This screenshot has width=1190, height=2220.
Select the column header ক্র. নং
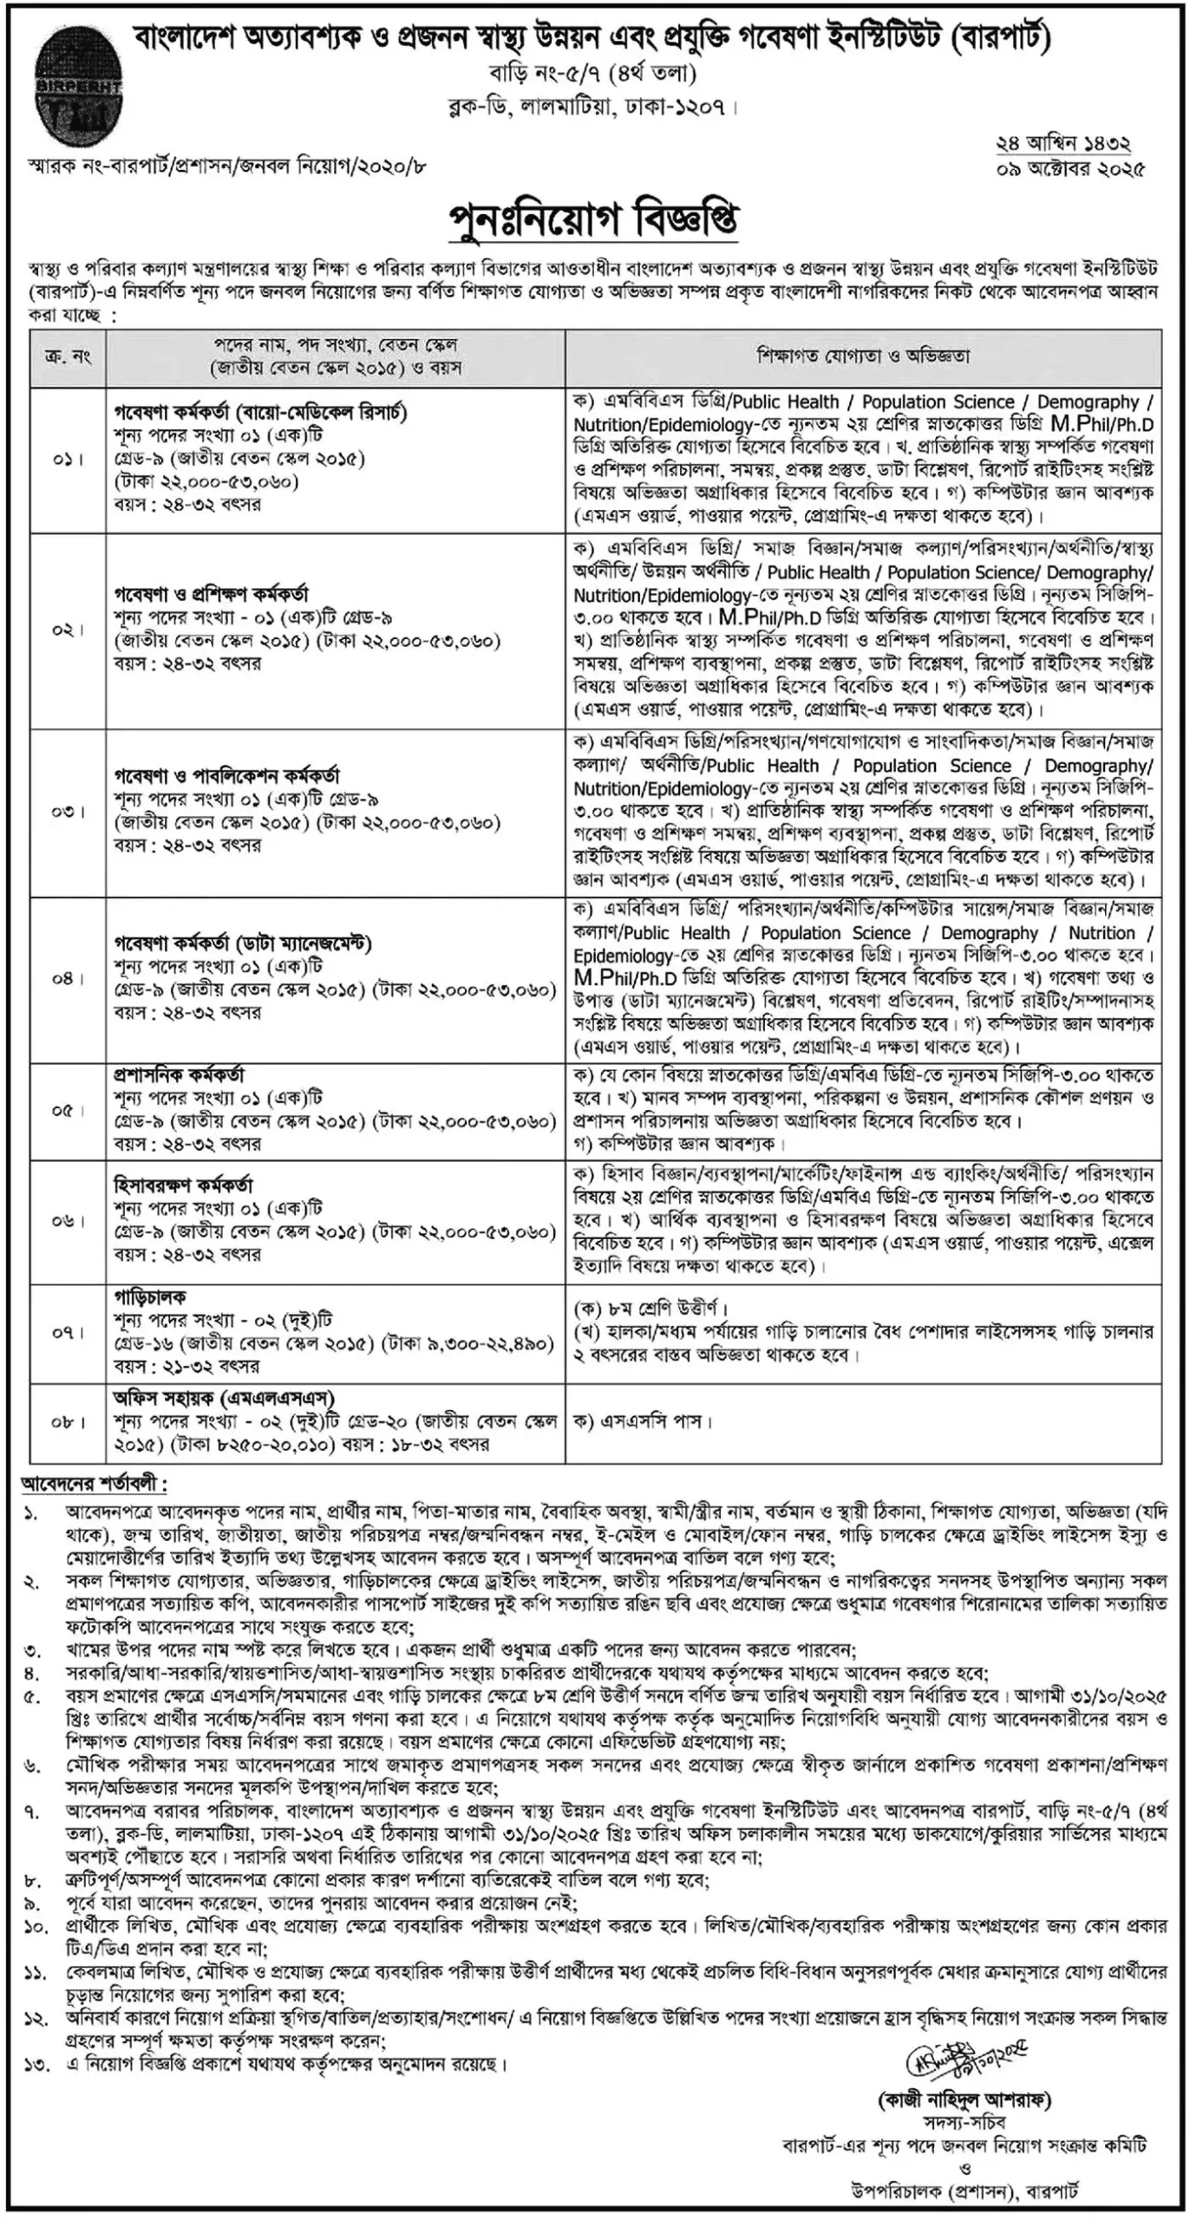pyautogui.click(x=69, y=356)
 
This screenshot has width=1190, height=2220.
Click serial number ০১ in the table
pyautogui.click(x=69, y=459)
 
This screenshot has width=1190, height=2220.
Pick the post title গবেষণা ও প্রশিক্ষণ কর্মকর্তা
pyautogui.click(x=211, y=595)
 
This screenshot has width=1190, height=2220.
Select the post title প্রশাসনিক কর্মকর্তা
pyautogui.click(x=179, y=1075)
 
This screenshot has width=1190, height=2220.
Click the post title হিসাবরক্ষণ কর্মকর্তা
pyautogui.click(x=183, y=1185)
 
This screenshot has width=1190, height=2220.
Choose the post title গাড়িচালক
pyautogui.click(x=150, y=1297)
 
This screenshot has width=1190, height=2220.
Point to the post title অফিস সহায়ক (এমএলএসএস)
pyautogui.click(x=224, y=1398)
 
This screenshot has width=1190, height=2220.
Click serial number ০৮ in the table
pyautogui.click(x=69, y=1422)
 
